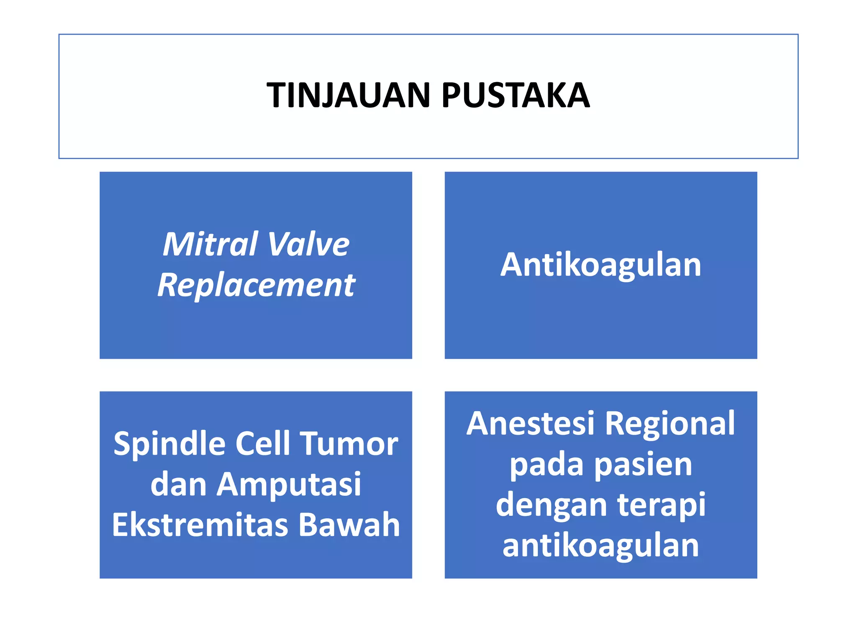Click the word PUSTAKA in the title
coord(516,95)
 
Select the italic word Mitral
coord(210,244)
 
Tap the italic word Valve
coord(308,244)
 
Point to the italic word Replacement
coord(256,285)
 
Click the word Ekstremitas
coord(200,525)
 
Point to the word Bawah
coord(349,525)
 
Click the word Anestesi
coord(531,424)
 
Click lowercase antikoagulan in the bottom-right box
coord(600,545)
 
